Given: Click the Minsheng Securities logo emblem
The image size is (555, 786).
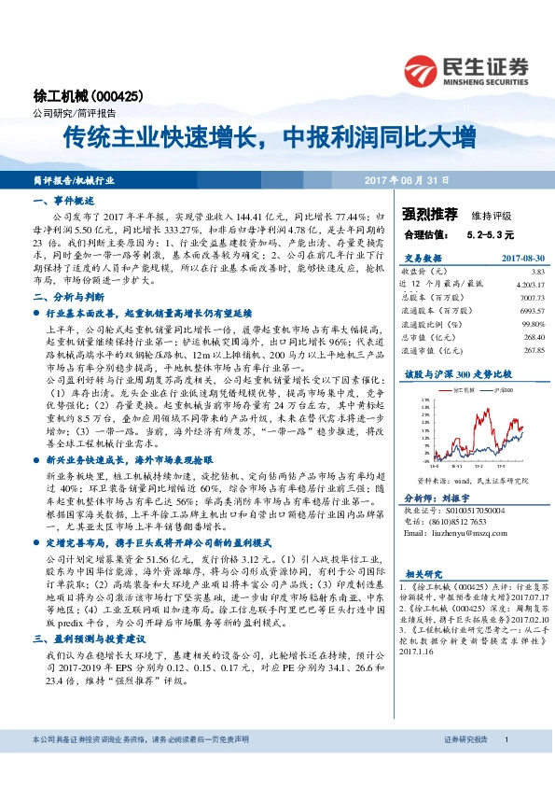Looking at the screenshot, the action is tap(421, 69).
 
